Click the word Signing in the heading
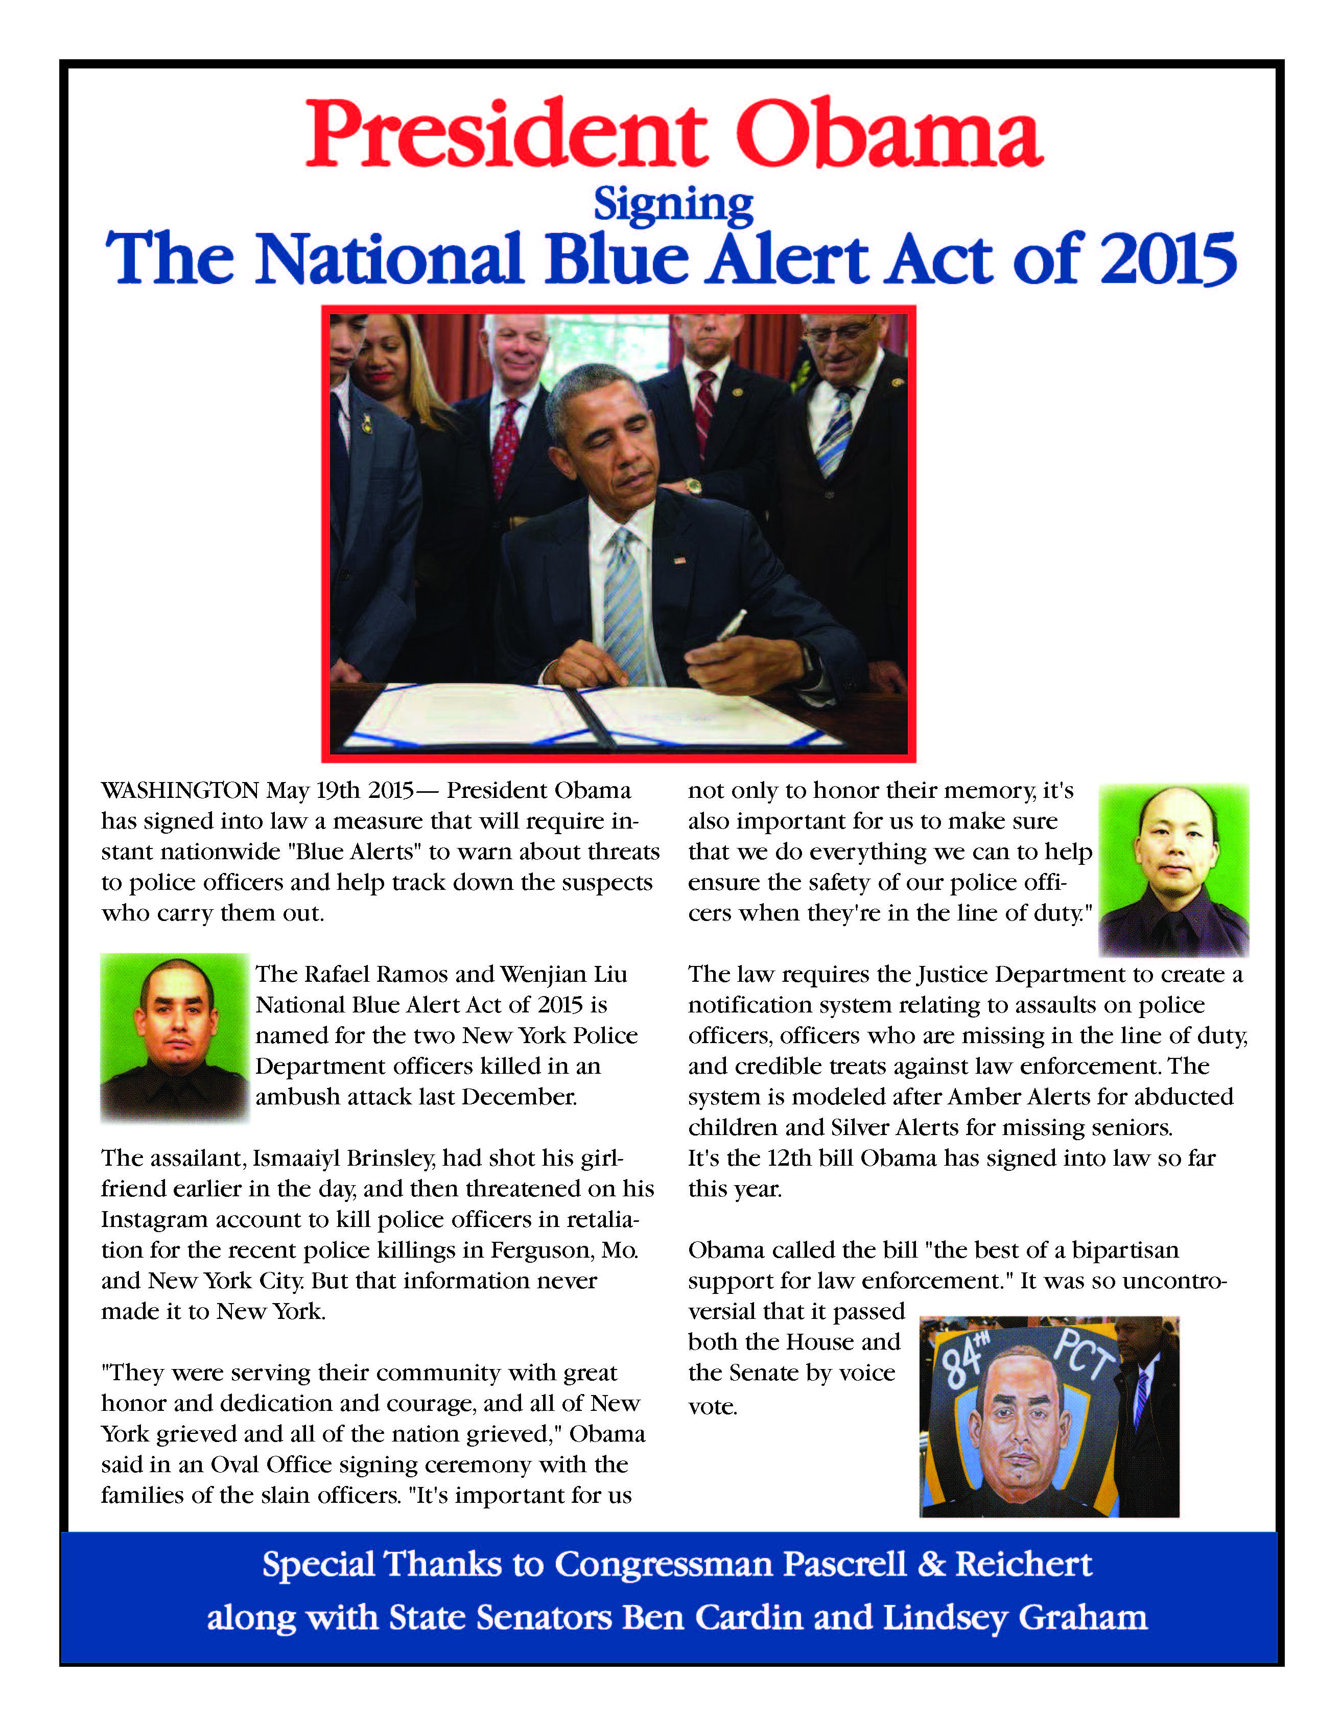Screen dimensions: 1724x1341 coord(673,205)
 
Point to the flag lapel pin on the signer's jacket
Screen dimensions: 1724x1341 coord(679,560)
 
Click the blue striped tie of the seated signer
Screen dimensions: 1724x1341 coord(624,600)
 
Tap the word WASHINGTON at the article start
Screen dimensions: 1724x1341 coord(180,790)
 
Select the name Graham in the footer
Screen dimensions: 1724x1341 coord(1082,1617)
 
